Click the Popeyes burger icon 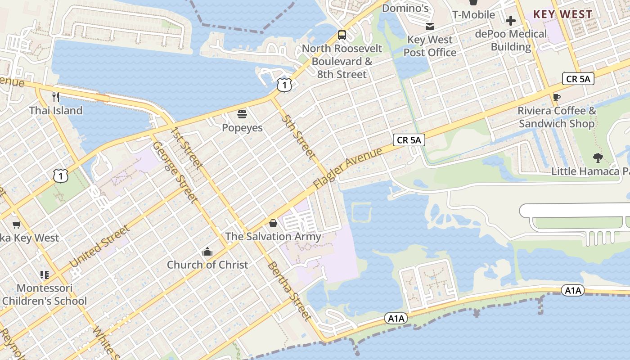tap(242, 114)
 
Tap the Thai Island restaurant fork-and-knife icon tap(56, 97)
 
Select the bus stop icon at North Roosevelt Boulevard tap(342, 35)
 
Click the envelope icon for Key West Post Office tap(430, 27)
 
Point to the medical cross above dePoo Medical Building tap(511, 21)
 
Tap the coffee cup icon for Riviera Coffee tap(557, 97)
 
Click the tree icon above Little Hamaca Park tap(598, 158)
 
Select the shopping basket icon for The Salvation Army tap(273, 223)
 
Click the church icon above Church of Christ tap(207, 252)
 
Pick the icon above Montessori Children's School tap(45, 274)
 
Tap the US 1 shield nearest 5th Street tap(284, 85)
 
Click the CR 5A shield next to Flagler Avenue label tap(409, 140)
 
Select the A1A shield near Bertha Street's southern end tap(396, 319)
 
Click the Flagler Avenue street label tap(347, 168)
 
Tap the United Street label tap(100, 247)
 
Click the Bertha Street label tap(289, 291)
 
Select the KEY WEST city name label tap(562, 14)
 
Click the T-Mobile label tap(473, 15)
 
